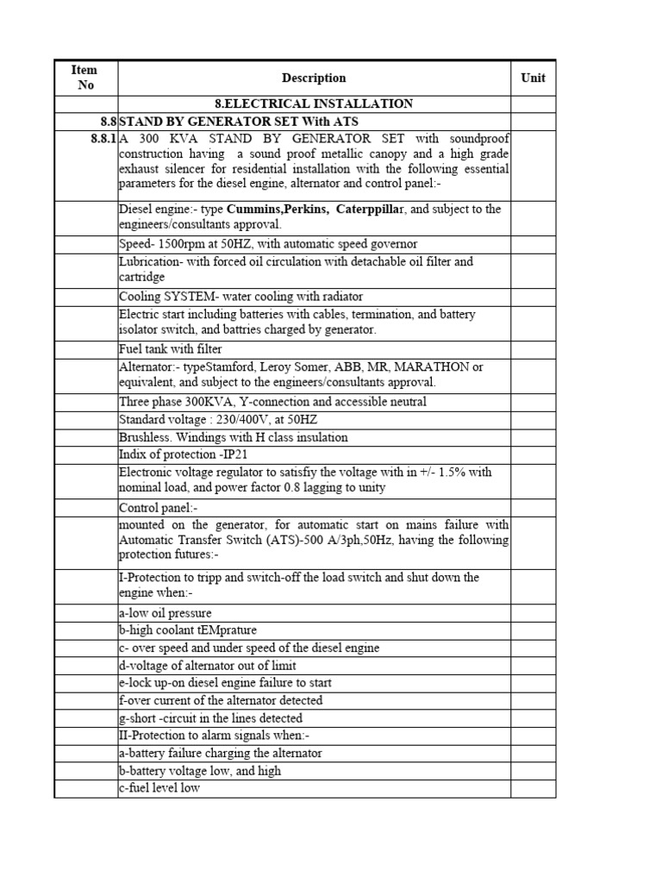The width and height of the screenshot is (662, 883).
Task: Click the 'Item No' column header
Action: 85,78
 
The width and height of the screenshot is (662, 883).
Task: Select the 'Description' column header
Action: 314,78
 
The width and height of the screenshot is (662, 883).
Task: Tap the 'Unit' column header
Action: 533,78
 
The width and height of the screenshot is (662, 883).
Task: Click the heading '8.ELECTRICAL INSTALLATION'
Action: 314,103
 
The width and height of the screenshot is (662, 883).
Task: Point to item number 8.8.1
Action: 102,139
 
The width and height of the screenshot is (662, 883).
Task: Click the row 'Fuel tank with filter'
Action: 171,349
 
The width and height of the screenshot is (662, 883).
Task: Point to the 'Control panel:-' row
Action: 159,508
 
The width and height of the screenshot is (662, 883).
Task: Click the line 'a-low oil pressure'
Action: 165,613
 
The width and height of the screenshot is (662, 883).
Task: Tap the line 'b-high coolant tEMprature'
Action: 188,630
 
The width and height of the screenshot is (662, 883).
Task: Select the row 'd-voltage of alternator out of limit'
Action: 207,666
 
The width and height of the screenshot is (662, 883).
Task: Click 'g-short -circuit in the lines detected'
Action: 211,718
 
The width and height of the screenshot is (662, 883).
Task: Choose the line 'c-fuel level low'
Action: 159,788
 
